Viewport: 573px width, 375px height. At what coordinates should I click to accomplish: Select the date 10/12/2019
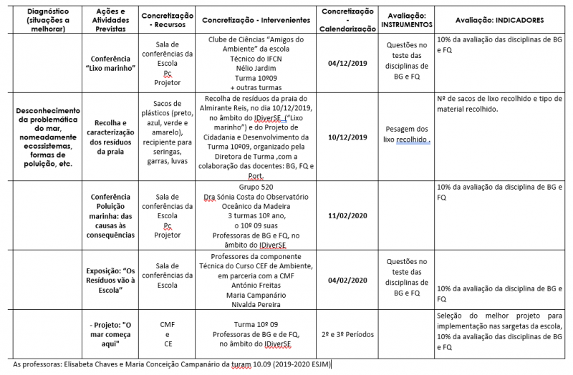(347, 137)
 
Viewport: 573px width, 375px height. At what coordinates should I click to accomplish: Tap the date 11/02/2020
(347, 215)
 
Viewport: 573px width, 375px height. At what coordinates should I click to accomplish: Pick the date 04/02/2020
(347, 280)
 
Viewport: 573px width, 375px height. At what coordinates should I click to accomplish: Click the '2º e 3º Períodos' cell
(347, 333)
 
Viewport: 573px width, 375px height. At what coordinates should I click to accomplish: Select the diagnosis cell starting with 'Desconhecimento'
(45, 137)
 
